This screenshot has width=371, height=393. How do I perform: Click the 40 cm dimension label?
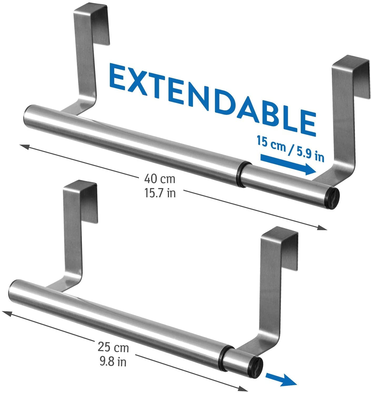159,179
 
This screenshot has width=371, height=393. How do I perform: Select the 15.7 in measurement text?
160,193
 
